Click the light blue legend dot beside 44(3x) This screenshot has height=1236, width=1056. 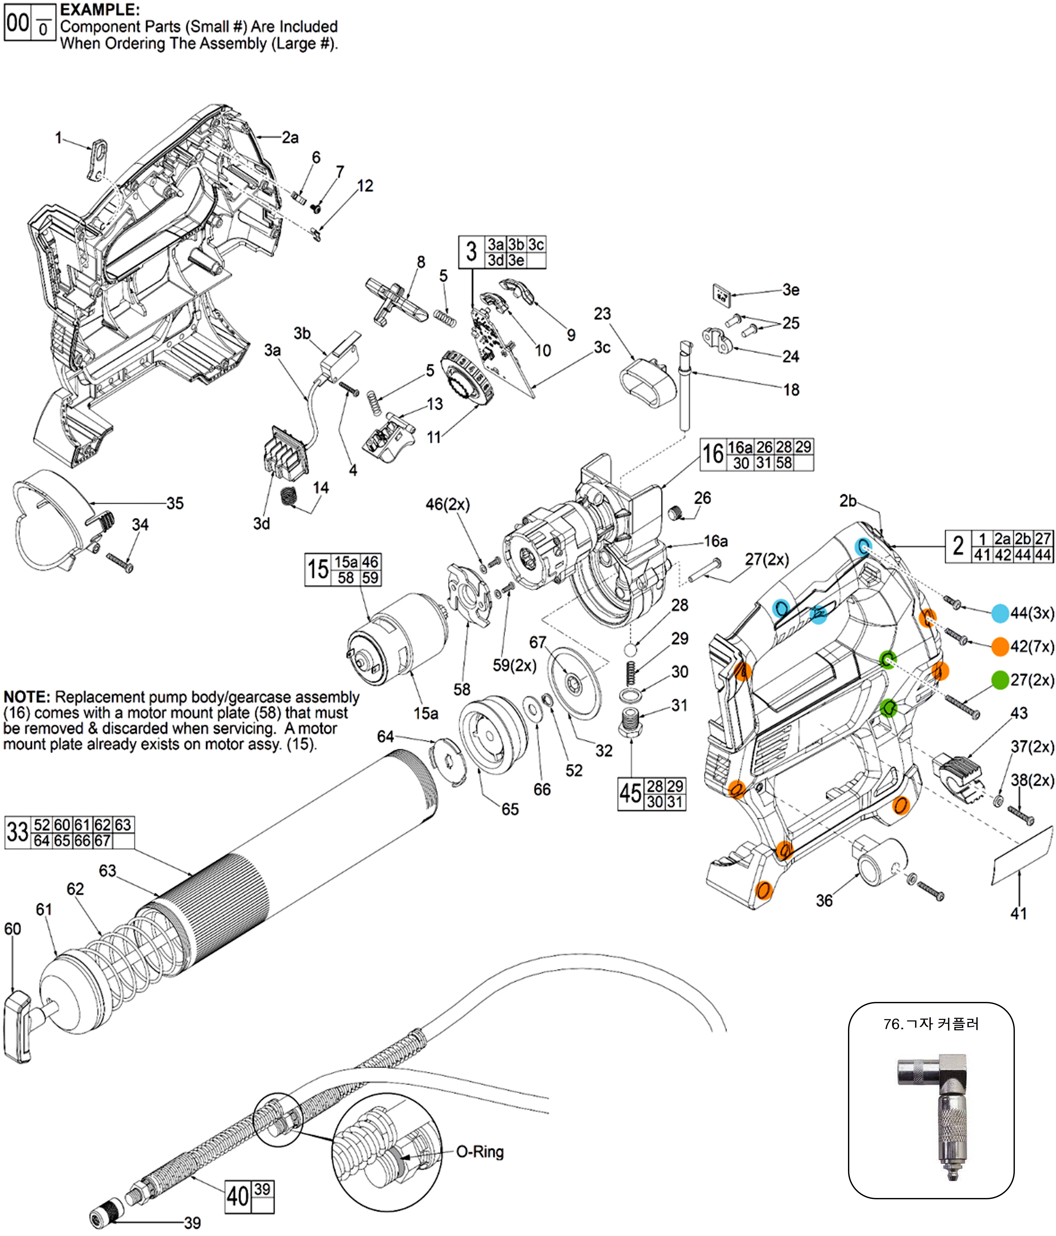(1000, 613)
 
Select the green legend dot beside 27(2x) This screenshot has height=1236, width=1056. (1000, 680)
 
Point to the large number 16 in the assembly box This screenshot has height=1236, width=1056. (713, 454)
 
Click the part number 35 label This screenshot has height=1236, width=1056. (175, 504)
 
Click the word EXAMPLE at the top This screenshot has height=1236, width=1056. (100, 10)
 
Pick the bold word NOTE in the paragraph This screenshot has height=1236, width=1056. (27, 697)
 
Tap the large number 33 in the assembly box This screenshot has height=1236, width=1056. (17, 832)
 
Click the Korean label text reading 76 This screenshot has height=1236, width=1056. (931, 1024)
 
